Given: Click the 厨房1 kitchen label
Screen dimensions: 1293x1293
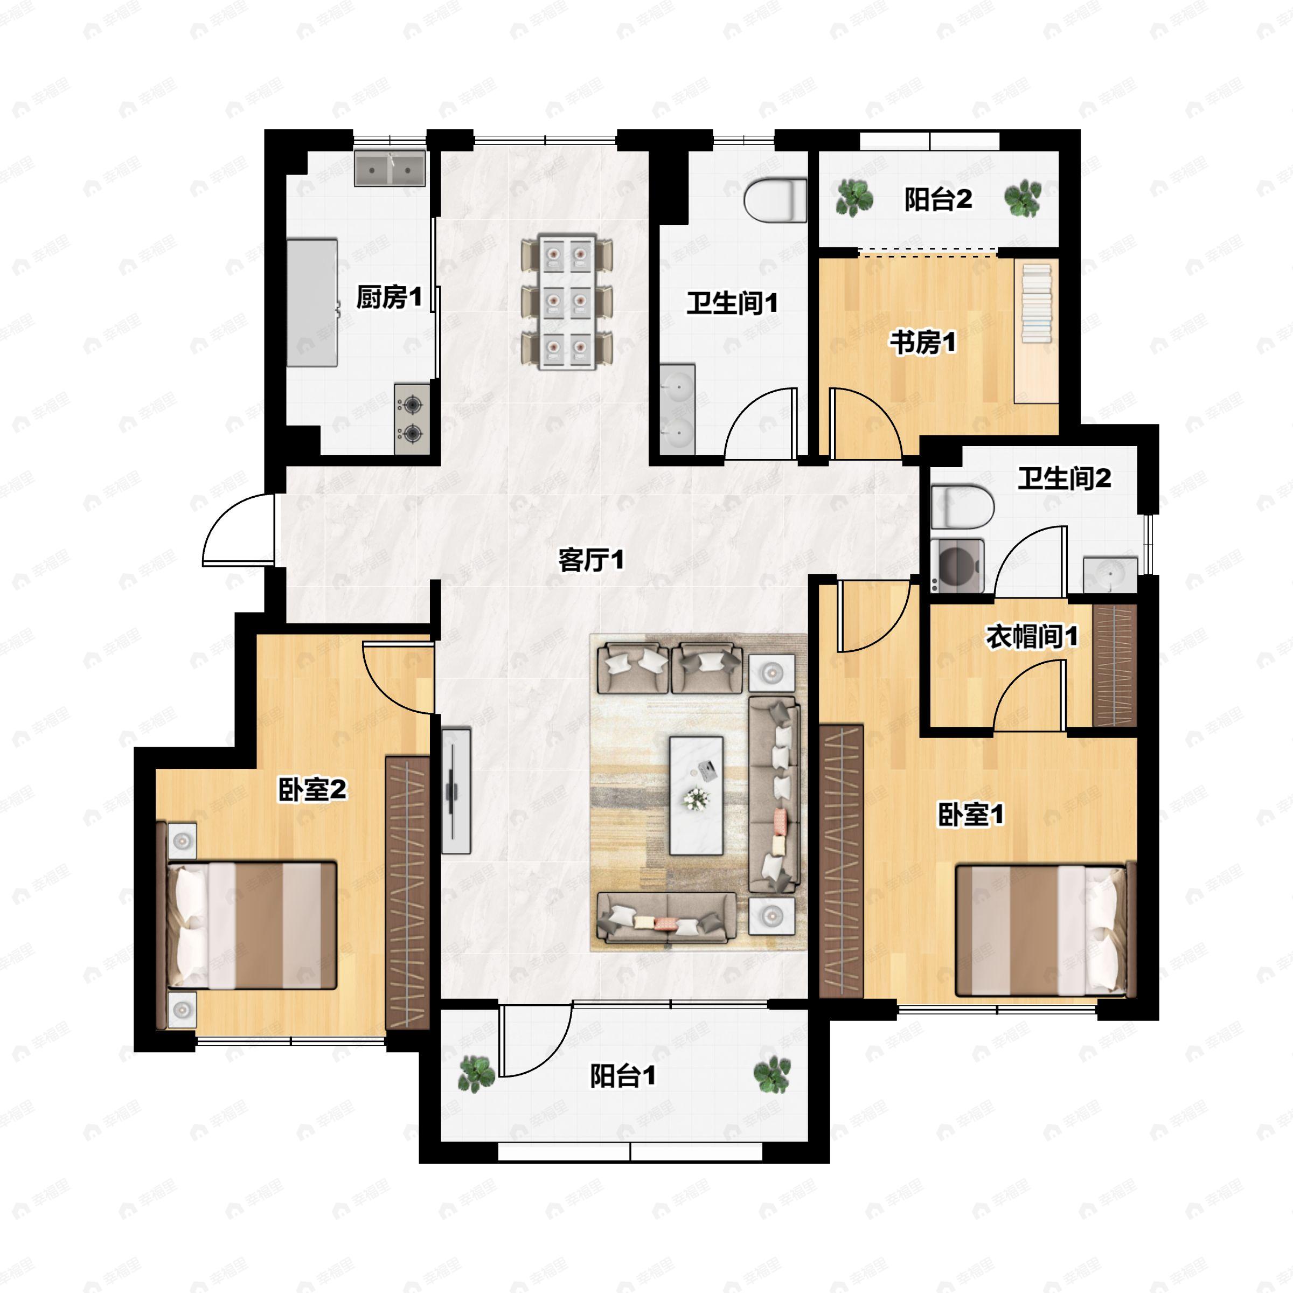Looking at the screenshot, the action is (x=389, y=296).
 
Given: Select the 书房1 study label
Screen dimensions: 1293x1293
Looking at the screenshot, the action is (x=923, y=342).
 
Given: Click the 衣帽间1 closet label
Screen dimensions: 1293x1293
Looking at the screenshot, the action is (x=1032, y=636).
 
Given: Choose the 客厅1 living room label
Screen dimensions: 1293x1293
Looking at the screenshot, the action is (x=591, y=560).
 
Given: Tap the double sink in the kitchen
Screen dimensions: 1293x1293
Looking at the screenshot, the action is (x=390, y=168).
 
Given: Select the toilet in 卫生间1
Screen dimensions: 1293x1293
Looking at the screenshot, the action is (x=776, y=199).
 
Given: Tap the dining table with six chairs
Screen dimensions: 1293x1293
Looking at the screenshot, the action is (x=567, y=301).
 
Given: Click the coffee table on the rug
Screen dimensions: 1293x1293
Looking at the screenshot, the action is (x=697, y=796).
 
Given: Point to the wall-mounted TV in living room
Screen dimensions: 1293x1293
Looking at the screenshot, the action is (x=456, y=790).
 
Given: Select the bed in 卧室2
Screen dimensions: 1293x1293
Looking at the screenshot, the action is (x=246, y=925).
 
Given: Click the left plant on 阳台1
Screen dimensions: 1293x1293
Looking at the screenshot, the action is (x=476, y=1074).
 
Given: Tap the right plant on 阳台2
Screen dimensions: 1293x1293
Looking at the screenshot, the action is (x=1023, y=199).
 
